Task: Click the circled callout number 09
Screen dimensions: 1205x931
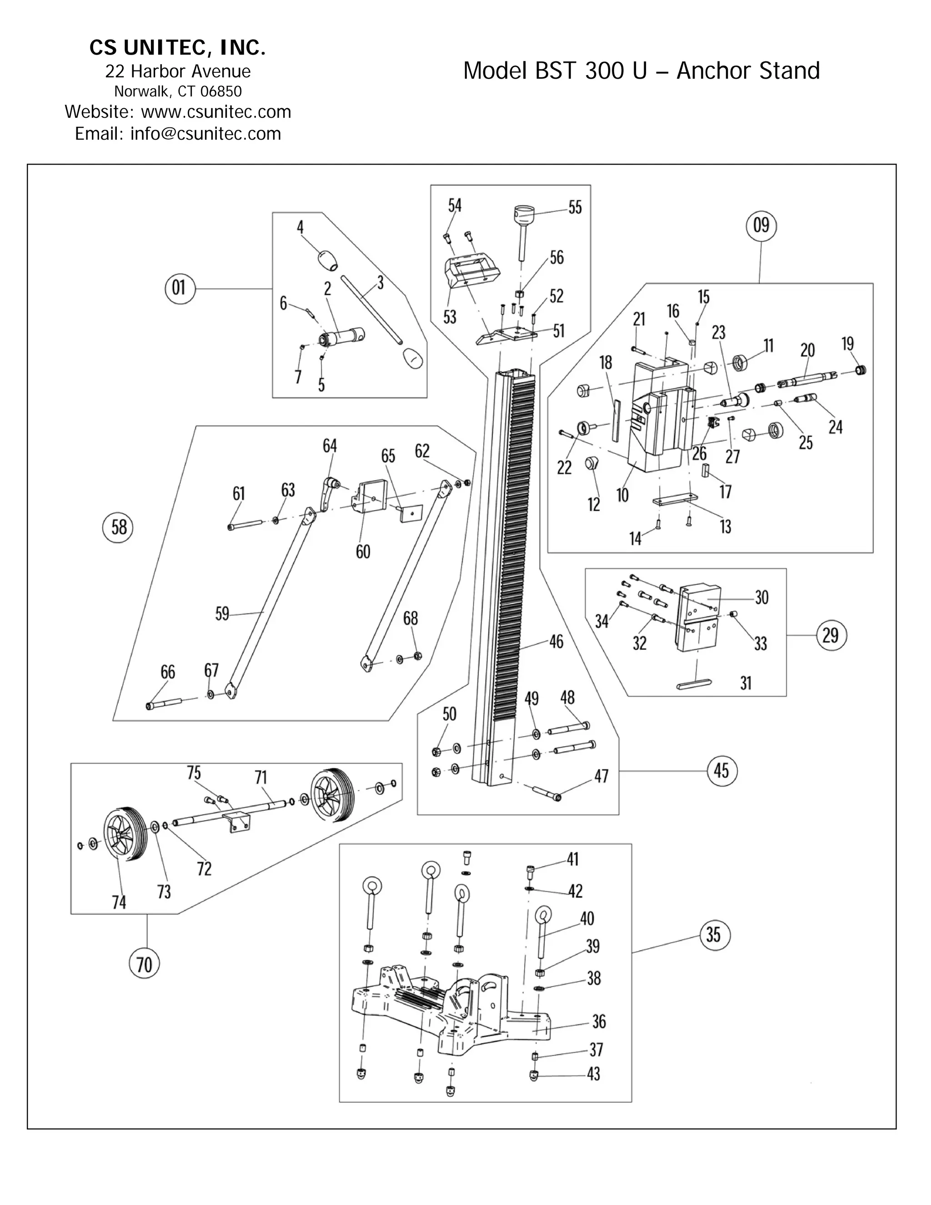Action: [x=761, y=226]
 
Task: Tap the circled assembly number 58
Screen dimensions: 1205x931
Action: [x=119, y=527]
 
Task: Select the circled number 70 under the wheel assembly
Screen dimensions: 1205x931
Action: [x=144, y=965]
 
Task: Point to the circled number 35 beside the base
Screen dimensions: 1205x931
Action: [x=714, y=934]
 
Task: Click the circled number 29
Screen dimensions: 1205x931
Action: [x=831, y=636]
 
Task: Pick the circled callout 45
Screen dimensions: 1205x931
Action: [x=721, y=770]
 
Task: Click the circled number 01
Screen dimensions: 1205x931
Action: [x=180, y=288]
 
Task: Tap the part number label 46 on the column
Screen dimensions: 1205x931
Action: [x=556, y=641]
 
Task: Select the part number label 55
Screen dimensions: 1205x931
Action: [x=575, y=208]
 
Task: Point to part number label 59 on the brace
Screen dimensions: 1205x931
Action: [x=222, y=613]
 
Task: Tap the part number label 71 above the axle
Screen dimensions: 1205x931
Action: [x=261, y=778]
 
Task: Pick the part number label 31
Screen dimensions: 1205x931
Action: [x=746, y=683]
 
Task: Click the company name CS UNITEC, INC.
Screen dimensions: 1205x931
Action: [x=178, y=49]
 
